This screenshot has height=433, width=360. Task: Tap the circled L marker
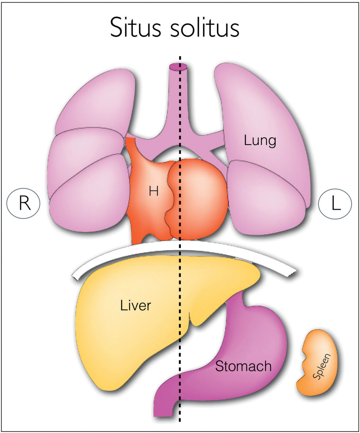tap(335, 204)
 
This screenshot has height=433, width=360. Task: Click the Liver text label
tap(135, 305)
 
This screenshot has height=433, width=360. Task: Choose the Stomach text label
tap(243, 365)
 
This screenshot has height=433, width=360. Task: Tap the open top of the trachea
tap(178, 67)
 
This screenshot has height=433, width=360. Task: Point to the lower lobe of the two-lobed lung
tap(268, 197)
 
